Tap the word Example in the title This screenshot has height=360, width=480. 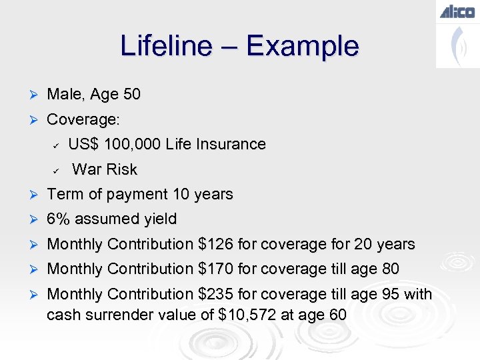(302, 46)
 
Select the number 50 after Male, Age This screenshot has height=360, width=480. (131, 95)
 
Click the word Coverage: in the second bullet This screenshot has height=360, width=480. (83, 120)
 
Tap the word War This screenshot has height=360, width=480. (85, 169)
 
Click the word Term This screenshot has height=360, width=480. (64, 195)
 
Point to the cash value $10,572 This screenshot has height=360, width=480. (247, 314)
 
